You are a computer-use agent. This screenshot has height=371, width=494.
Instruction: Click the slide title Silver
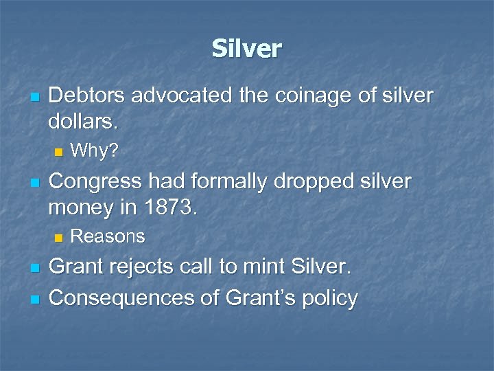(x=246, y=49)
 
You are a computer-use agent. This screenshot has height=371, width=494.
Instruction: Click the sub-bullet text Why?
(x=95, y=150)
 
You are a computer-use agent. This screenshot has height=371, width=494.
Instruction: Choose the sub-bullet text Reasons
(x=108, y=236)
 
